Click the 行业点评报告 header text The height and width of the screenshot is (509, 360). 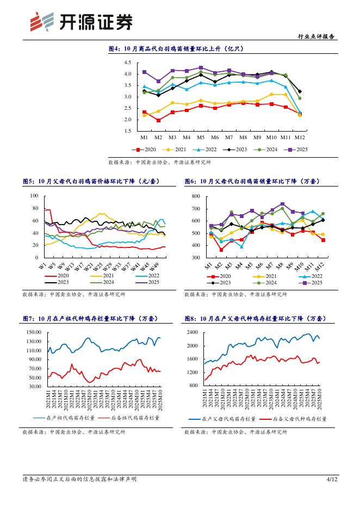click(317, 37)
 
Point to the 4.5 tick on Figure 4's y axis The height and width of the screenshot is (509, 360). click(127, 63)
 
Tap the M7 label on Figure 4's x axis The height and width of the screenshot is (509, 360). click(229, 137)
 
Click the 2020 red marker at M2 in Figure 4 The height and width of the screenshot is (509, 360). click(158, 120)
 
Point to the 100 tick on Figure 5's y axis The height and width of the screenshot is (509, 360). click(34, 196)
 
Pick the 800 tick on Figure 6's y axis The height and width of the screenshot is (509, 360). click(196, 196)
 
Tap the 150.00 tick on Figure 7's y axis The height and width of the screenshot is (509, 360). click(35, 332)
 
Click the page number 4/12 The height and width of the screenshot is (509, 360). click(332, 479)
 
